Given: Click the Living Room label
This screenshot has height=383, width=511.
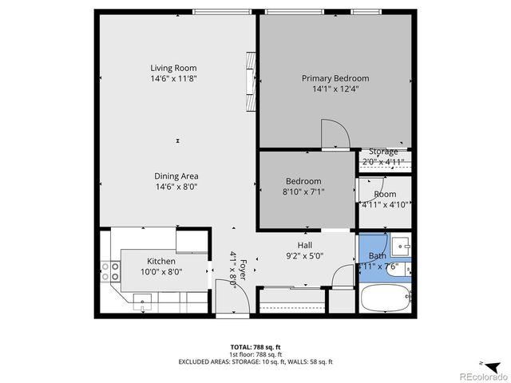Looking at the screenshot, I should point(173,68).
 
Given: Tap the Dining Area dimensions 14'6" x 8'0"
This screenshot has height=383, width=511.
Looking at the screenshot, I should point(176,187).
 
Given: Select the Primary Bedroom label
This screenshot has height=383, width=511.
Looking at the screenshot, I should point(335,78).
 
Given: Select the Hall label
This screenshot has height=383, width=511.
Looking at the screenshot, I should point(305,245).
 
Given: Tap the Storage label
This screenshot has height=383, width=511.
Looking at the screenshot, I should point(383,152).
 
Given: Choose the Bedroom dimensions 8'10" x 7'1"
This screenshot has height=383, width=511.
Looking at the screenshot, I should point(303,191).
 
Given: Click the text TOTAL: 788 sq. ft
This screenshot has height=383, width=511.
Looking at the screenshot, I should point(255,347).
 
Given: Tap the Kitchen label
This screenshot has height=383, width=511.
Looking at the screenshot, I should point(160,261).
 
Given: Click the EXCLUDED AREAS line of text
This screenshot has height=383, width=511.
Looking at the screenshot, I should point(255,362).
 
